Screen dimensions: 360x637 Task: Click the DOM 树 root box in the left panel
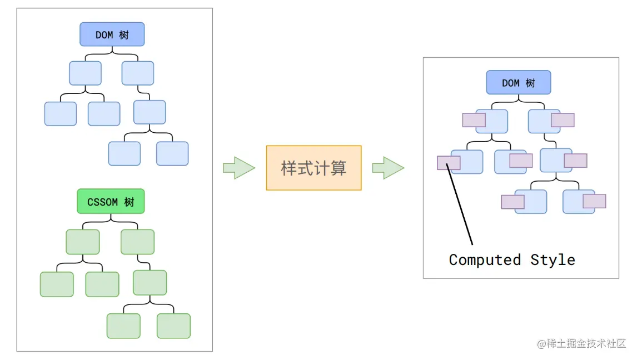(x=112, y=34)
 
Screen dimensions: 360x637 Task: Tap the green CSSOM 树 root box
(x=110, y=202)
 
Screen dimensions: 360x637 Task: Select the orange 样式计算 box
(x=313, y=168)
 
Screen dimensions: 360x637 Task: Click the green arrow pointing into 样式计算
(x=238, y=168)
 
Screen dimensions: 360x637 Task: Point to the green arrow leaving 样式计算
(x=387, y=168)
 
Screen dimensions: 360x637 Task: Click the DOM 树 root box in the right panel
(x=518, y=83)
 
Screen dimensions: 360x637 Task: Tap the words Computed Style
(x=511, y=259)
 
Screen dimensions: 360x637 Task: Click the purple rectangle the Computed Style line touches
(x=449, y=162)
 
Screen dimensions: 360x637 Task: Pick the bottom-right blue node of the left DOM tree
(x=172, y=153)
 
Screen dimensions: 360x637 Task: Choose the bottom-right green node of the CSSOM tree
(x=173, y=326)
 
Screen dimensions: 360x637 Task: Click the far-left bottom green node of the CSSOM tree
(x=57, y=284)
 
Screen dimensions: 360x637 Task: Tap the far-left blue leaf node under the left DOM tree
(x=60, y=114)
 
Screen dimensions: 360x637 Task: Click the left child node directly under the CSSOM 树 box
(x=83, y=242)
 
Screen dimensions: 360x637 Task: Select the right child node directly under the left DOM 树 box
(x=138, y=73)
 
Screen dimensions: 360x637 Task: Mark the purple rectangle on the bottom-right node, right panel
(x=594, y=201)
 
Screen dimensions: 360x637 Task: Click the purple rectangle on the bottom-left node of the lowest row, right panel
(x=512, y=202)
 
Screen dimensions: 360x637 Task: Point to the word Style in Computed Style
(x=553, y=259)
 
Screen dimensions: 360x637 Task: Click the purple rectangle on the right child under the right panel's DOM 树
(x=563, y=120)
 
